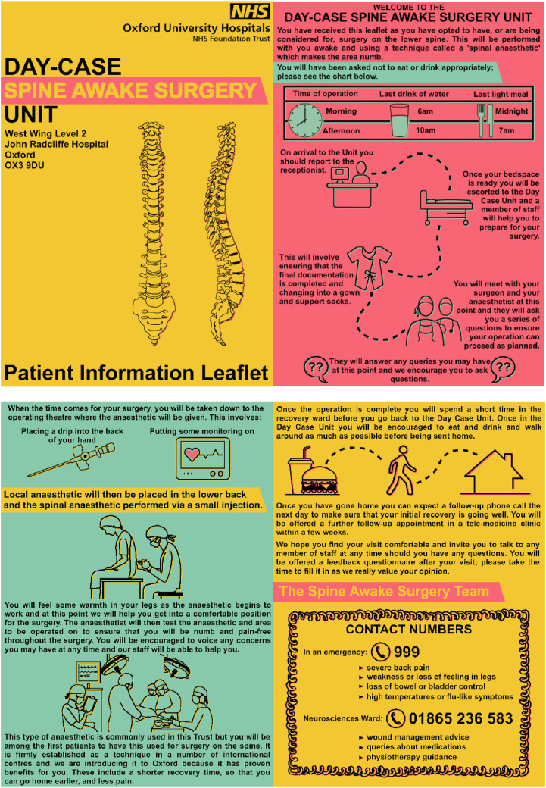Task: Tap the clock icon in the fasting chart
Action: (x=305, y=120)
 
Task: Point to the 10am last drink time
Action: (x=426, y=130)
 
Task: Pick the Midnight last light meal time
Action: (x=512, y=111)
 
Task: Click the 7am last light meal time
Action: (x=506, y=130)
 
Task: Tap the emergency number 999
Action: (x=406, y=652)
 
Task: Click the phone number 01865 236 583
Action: (x=460, y=718)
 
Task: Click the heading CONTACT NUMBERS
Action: (x=409, y=629)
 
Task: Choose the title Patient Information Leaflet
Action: (x=136, y=372)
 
